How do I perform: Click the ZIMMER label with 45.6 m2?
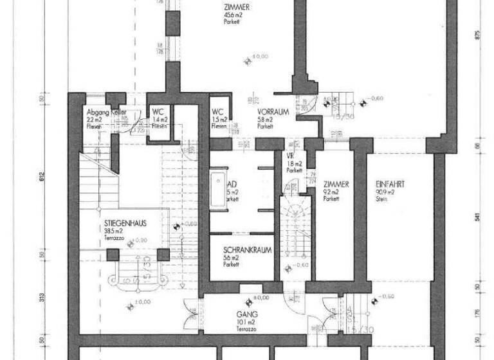pyautogui.click(x=234, y=7)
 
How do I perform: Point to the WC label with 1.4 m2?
pyautogui.click(x=158, y=111)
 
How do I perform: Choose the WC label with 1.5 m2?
pyautogui.click(x=217, y=111)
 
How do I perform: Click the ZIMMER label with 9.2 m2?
pyautogui.click(x=336, y=184)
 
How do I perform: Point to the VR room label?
pyautogui.click(x=290, y=156)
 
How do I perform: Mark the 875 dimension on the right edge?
pyautogui.click(x=477, y=35)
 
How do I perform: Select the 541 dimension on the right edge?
pyautogui.click(x=477, y=217)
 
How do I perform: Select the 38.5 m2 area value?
pyautogui.click(x=114, y=230)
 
